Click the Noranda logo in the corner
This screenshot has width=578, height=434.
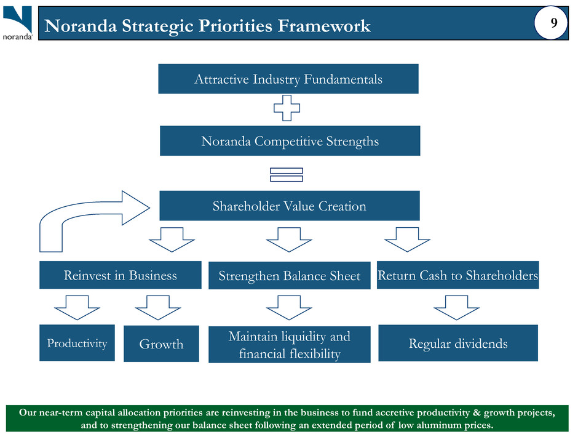coord(18,23)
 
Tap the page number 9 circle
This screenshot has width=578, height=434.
coord(551,23)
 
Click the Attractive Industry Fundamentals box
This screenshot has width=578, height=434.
coord(288,79)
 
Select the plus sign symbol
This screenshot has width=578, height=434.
coord(287,108)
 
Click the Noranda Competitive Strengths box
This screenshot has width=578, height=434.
coord(290,140)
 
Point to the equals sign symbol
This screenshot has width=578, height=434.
coord(287,175)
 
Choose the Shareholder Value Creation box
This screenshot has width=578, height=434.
coord(290,206)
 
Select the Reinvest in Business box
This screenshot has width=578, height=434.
coord(120,275)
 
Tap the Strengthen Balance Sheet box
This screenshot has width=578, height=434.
coord(290,275)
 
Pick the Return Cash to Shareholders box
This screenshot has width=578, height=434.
coord(457,275)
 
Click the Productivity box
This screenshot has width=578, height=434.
coord(77,343)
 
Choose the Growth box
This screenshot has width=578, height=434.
coord(161,344)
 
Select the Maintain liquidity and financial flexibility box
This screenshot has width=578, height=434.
coord(290,344)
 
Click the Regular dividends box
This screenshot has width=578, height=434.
coord(458,344)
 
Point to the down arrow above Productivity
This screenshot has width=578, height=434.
coord(77,307)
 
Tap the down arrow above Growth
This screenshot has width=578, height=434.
coord(158,307)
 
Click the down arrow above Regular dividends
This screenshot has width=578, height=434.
coord(456,307)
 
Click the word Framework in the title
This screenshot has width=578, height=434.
coord(324,26)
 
